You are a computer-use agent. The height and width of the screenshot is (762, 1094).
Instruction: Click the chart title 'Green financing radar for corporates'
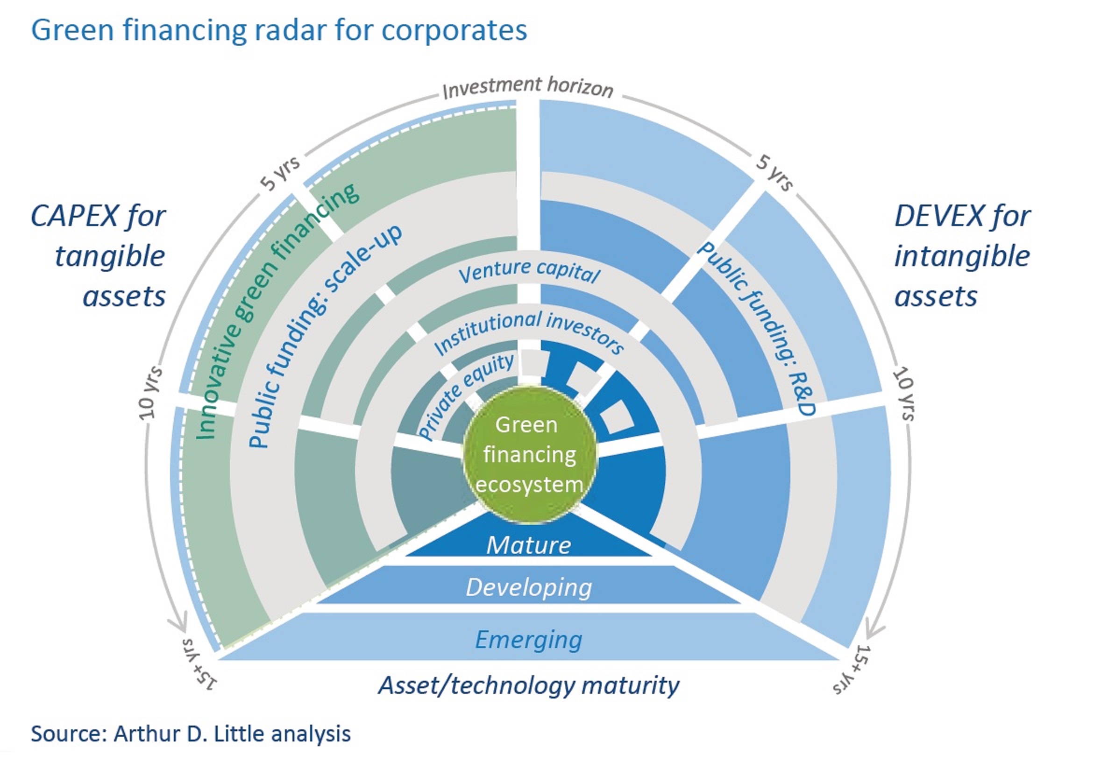[279, 30]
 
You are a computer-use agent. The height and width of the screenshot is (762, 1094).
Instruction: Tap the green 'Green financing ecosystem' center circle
[529, 455]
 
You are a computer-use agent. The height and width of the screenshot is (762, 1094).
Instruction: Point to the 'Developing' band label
[528, 588]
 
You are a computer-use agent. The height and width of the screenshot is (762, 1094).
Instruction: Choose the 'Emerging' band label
[528, 640]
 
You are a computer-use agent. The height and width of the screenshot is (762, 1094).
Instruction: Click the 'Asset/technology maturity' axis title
[528, 686]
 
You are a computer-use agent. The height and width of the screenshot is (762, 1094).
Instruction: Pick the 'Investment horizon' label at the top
[527, 88]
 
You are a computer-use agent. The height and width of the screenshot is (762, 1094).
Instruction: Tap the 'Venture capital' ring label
[529, 271]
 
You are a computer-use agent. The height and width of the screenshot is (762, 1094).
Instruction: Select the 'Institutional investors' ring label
[529, 331]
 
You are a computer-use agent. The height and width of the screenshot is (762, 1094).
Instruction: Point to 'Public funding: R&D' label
[758, 329]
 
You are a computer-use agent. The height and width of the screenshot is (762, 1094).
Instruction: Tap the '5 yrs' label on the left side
[280, 173]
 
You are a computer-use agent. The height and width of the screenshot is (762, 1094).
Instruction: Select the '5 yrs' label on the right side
[775, 173]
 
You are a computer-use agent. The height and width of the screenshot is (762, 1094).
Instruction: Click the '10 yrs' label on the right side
[903, 394]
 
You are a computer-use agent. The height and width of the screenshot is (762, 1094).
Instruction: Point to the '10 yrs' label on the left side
[150, 394]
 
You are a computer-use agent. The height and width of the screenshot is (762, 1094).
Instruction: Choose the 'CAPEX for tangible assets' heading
[98, 256]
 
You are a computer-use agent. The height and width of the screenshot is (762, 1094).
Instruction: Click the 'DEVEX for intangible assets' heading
[962, 256]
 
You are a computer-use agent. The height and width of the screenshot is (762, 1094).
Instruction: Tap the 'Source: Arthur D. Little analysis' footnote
[191, 734]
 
